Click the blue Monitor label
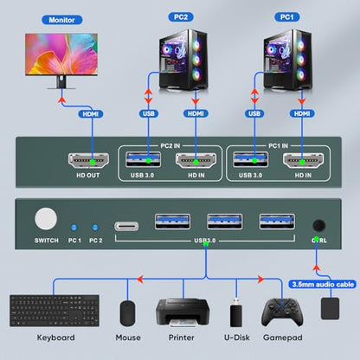coord(62,20)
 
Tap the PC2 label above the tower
coord(181,17)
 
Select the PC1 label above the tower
coord(286,17)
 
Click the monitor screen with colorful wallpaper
coord(61,55)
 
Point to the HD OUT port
coord(88,160)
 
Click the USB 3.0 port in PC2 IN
coord(143,159)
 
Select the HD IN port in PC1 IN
coord(303,160)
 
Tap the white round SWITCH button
coord(46,219)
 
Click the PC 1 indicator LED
coord(74,228)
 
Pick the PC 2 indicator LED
coord(95,228)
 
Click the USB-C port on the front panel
coord(126,227)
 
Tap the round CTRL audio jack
coord(319,226)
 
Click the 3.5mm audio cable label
coord(323,285)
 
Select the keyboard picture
coord(55,311)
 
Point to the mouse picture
coord(127,313)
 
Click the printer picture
coord(183,312)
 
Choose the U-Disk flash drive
coord(236,312)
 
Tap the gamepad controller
coord(282,312)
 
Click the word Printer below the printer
coord(182,337)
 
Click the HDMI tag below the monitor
coord(91,114)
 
